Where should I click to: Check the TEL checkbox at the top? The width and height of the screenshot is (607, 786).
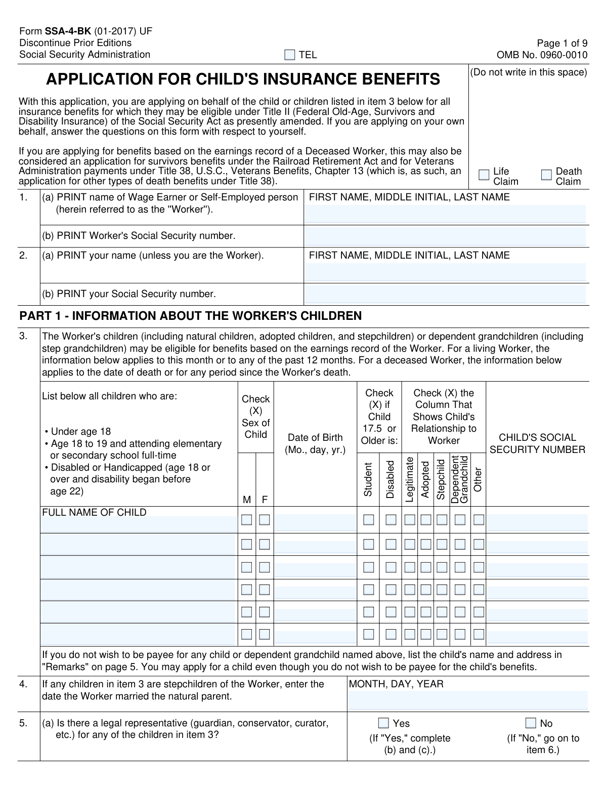point(289,55)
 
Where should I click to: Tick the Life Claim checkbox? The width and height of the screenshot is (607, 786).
point(484,175)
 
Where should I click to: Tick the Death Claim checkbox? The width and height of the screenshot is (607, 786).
point(546,175)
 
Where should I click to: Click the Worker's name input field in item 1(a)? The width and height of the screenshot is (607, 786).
point(445,214)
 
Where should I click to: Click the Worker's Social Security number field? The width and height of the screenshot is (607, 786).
point(445,236)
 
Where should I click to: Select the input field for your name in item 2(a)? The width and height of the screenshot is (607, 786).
point(445,272)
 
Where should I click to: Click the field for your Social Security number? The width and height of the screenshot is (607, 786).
point(445,295)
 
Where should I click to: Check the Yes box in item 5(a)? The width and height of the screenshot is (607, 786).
point(384,723)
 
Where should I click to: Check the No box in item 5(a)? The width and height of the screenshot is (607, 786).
point(531,723)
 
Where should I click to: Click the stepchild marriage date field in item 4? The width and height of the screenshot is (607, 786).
point(467,700)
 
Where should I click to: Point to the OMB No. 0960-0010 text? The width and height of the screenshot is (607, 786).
point(542,55)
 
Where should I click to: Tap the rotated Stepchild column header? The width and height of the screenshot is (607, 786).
point(441,479)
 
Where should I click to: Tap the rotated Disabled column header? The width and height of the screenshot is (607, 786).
point(390,479)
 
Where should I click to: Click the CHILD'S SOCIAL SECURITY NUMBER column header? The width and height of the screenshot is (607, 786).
point(537,444)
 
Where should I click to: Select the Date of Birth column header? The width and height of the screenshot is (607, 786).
point(315,444)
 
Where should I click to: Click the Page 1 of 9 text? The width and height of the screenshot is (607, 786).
point(562,43)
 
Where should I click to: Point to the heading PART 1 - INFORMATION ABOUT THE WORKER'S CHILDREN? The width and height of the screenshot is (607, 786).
point(190,316)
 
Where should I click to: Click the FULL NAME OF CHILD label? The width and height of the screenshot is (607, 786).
point(94,512)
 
